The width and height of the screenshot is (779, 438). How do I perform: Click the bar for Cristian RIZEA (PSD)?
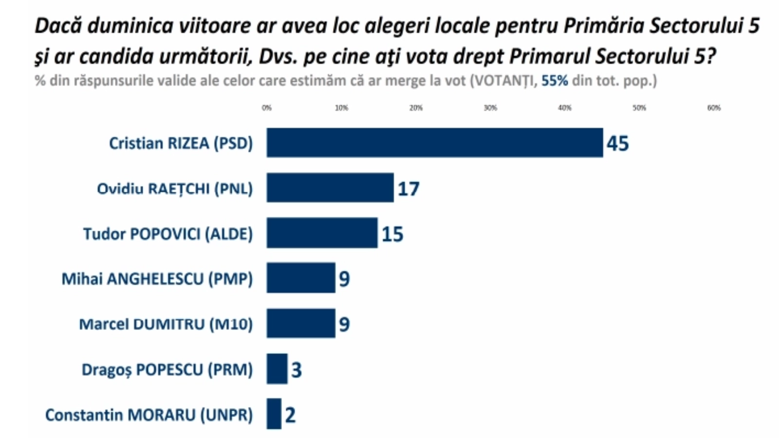tap(434, 143)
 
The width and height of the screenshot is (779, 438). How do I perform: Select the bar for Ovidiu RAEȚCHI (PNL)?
tap(330, 187)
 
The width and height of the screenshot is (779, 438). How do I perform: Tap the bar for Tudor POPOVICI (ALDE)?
tap(322, 233)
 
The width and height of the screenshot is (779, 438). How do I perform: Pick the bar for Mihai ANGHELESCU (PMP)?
tap(301, 278)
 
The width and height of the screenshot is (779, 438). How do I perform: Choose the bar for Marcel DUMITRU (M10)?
tap(301, 323)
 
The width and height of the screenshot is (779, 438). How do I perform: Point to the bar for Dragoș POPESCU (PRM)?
tap(277, 369)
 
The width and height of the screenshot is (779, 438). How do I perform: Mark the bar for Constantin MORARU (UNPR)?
tap(274, 414)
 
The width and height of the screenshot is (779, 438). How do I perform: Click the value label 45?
tap(618, 143)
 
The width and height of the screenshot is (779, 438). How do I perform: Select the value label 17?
tap(408, 188)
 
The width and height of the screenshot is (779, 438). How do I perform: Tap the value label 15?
tap(392, 234)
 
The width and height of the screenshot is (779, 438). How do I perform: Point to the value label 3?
tap(297, 370)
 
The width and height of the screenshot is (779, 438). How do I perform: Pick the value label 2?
tap(290, 415)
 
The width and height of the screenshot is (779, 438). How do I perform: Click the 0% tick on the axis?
tap(267, 108)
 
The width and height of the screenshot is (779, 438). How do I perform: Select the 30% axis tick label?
tap(490, 108)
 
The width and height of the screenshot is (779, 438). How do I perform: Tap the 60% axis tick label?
tap(714, 108)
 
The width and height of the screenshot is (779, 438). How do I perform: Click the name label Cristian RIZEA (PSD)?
tap(181, 143)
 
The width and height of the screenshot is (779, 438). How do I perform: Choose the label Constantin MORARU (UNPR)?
tap(149, 415)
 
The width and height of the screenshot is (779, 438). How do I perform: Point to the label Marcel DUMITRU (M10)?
tap(166, 324)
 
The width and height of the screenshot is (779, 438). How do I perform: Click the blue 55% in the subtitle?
tap(555, 80)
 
